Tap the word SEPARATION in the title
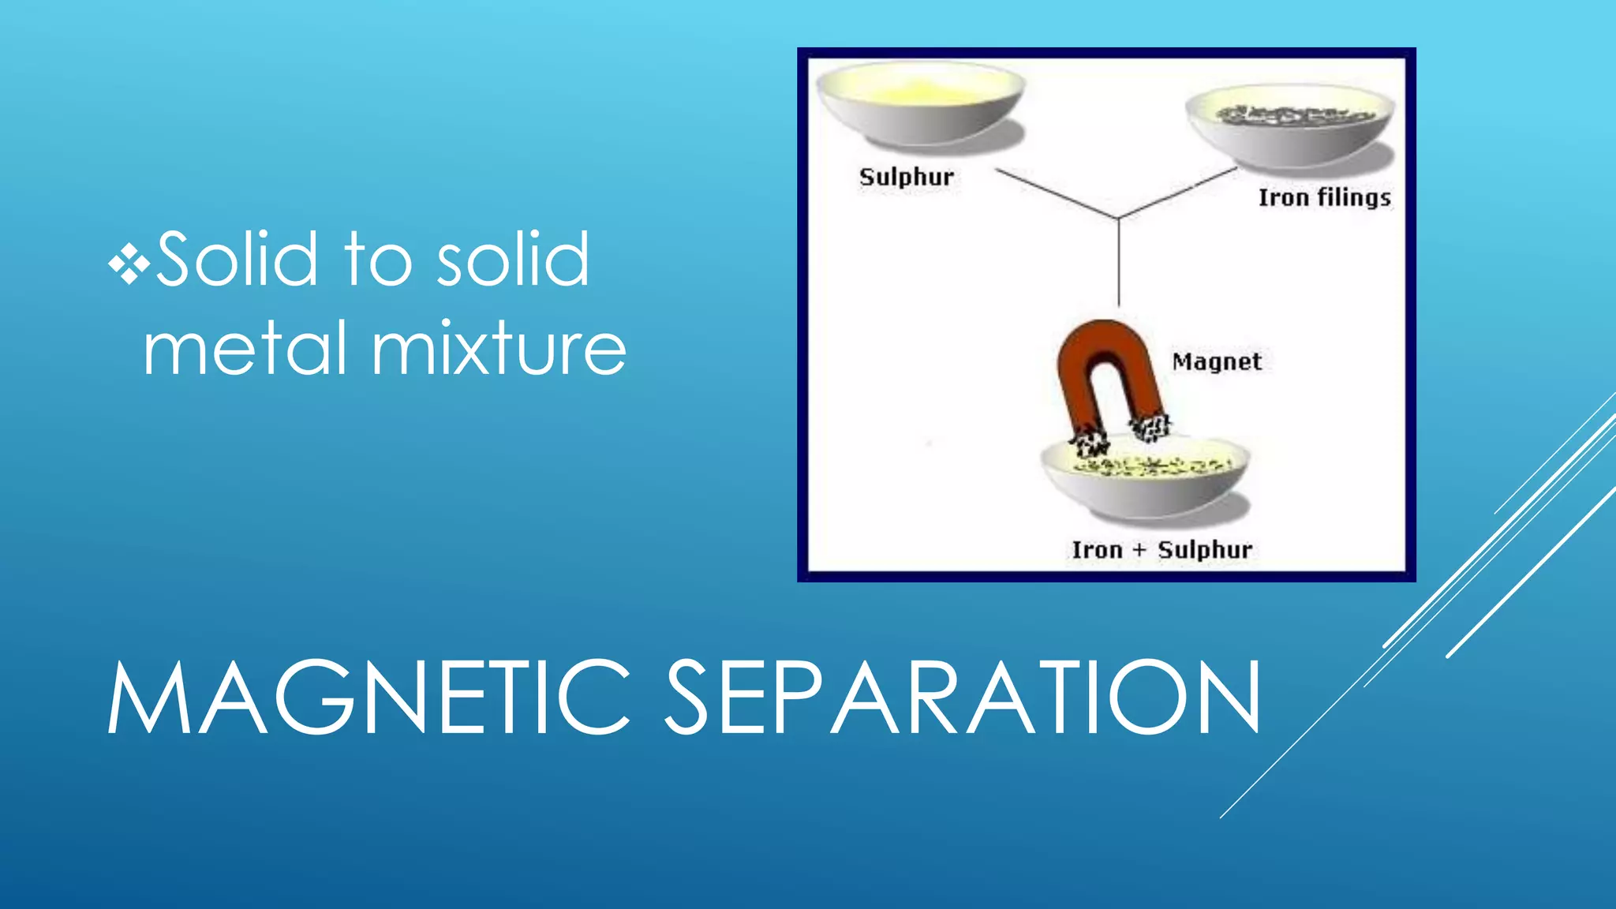[x=962, y=698]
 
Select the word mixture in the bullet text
[x=499, y=348]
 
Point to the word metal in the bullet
[x=245, y=348]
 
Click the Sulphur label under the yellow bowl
[x=906, y=177]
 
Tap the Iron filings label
[x=1324, y=197]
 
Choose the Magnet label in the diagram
[x=1216, y=361]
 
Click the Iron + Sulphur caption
[x=1161, y=549]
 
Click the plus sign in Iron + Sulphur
[x=1139, y=551]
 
